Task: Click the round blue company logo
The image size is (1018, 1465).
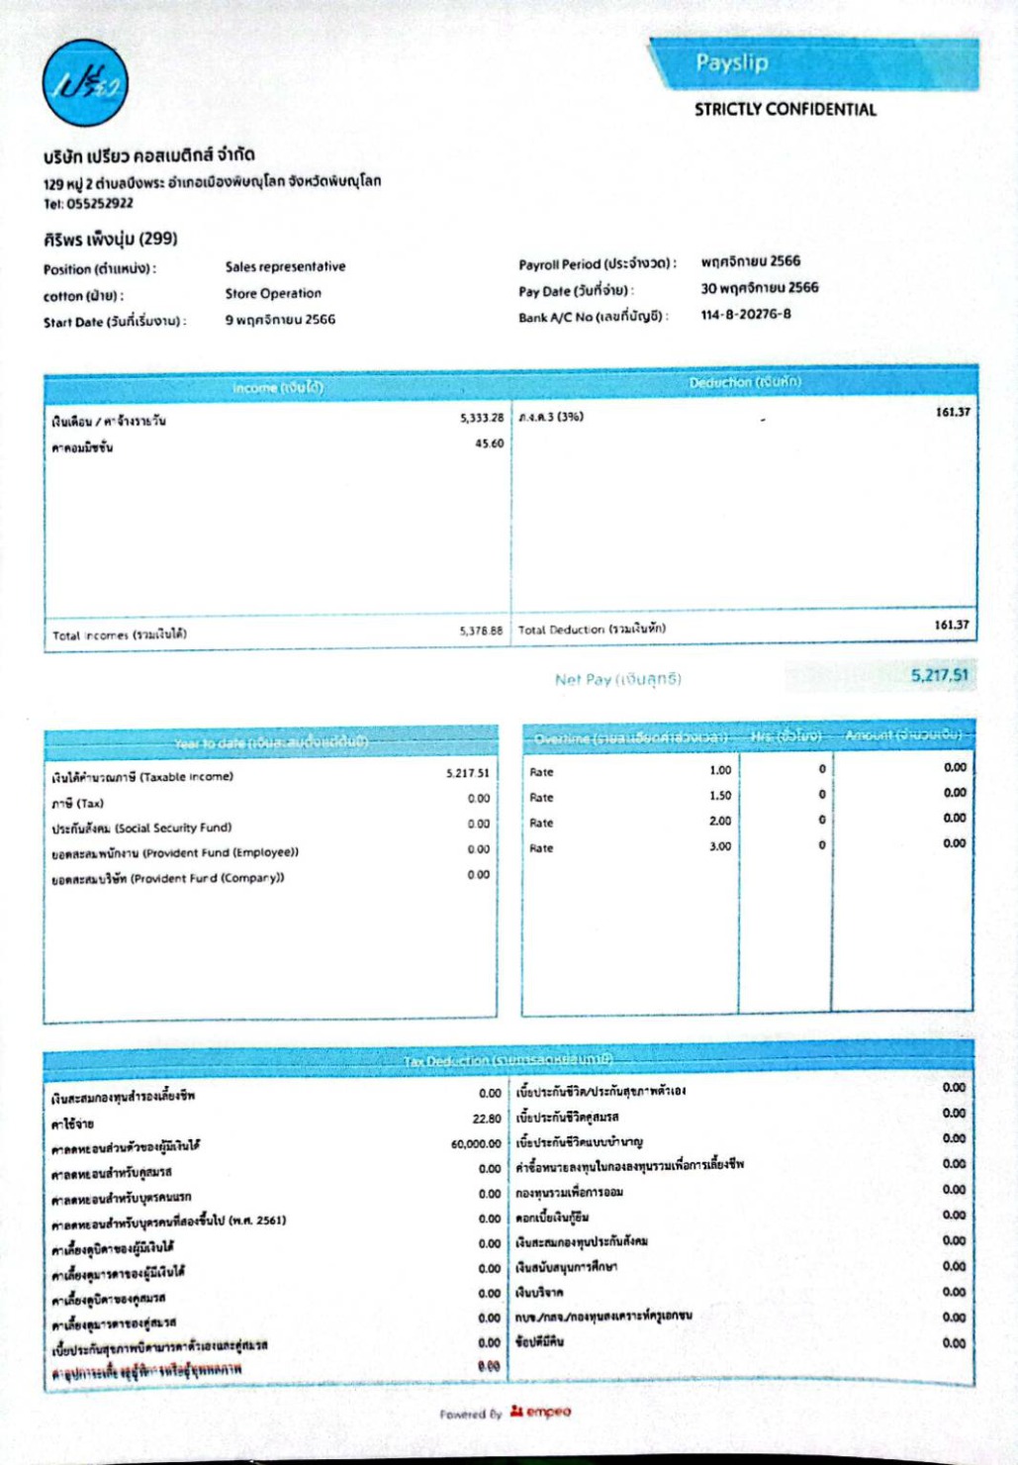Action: [85, 83]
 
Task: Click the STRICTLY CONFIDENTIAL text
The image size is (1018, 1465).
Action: [785, 110]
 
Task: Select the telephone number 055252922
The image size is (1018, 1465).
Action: [100, 204]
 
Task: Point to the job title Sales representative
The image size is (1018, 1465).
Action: [285, 267]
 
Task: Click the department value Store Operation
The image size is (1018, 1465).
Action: [273, 294]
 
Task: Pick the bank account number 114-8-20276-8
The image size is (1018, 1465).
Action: [746, 315]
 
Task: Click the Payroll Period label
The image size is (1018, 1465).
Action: [597, 264]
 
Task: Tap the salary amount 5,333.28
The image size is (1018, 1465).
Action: [481, 418]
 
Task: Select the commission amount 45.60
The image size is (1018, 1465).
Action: [489, 443]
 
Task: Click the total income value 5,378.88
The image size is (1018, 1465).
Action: [481, 631]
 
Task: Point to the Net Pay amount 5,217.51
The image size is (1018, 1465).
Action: [939, 675]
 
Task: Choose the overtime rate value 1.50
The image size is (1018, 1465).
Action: [720, 796]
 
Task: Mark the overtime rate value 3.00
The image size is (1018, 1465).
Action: [720, 846]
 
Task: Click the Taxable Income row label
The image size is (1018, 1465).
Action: [142, 777]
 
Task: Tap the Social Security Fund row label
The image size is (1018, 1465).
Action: [141, 828]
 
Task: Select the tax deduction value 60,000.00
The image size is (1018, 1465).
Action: [476, 1144]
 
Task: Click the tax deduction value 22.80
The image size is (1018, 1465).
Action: [487, 1119]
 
